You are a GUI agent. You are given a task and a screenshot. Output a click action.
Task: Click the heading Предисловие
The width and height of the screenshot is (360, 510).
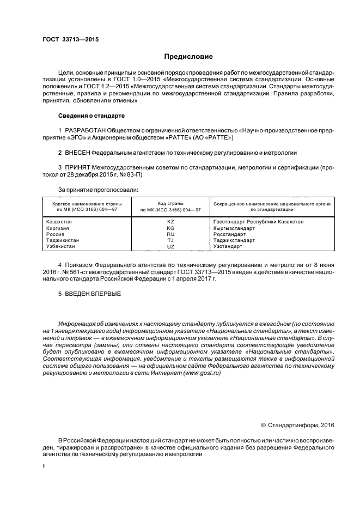coord(188,56)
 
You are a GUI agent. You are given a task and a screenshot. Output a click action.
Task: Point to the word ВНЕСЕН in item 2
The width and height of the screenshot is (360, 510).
coord(77,153)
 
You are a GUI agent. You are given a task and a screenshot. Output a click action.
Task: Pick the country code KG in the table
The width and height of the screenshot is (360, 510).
coord(170,228)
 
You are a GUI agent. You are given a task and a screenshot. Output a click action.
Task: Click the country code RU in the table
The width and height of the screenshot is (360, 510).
coord(170,234)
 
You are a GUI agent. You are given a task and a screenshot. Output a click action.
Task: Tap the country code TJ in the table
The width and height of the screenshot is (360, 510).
coord(170,240)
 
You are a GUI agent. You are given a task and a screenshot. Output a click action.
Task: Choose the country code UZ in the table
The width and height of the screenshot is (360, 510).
coord(170,246)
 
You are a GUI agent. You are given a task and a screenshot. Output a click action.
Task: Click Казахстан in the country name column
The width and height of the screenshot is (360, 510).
coord(60,222)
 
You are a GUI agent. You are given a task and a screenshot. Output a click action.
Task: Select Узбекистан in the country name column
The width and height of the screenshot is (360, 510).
coord(61,246)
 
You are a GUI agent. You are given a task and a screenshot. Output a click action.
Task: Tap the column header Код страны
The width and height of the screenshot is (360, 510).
coord(170,203)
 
